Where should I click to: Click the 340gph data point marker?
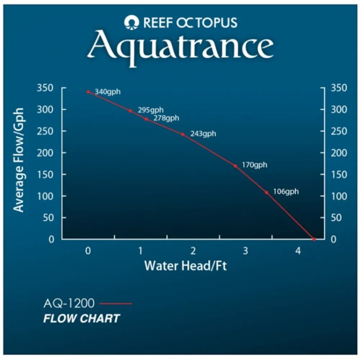click(89, 92)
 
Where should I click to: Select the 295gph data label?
click(150, 110)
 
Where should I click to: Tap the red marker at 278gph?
click(146, 119)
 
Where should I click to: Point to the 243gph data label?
click(203, 134)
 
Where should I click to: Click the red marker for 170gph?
click(235, 166)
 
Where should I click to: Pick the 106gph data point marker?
click(266, 193)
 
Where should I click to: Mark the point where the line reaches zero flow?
click(314, 239)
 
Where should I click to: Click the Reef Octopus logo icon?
click(131, 22)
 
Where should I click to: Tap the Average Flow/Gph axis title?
click(18, 160)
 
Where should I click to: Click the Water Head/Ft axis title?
click(185, 266)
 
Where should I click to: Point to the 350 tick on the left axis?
click(45, 88)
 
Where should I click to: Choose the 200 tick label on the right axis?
click(339, 153)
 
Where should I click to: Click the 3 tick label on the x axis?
click(246, 251)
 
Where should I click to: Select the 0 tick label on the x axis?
click(88, 251)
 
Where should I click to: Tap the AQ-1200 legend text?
click(69, 303)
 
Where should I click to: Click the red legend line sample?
click(116, 303)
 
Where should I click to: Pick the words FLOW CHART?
click(81, 319)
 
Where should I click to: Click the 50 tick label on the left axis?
click(48, 218)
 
